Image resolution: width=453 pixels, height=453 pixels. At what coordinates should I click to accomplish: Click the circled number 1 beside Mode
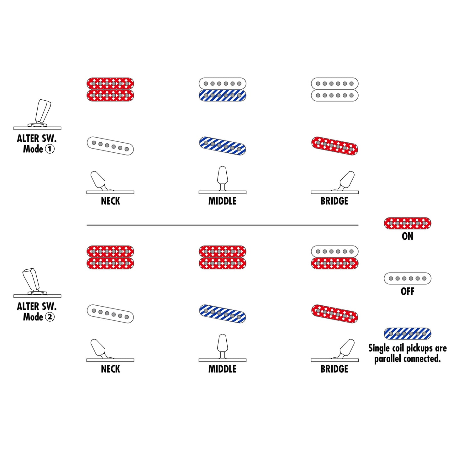(50, 149)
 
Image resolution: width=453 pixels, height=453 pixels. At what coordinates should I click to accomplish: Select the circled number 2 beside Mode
(50, 317)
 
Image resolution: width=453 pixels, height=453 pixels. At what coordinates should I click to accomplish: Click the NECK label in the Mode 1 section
(110, 201)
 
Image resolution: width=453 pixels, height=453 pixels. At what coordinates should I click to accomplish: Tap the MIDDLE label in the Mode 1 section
(222, 201)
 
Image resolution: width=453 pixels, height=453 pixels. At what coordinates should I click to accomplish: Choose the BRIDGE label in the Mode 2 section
(334, 369)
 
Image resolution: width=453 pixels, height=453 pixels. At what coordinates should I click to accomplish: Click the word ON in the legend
(408, 236)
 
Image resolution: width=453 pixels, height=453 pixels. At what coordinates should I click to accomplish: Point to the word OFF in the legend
(408, 292)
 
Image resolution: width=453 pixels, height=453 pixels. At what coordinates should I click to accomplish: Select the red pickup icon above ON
(408, 223)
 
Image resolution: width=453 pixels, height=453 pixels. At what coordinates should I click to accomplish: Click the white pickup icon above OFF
(408, 278)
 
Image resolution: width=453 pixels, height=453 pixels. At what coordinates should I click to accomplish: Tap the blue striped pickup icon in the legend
(408, 334)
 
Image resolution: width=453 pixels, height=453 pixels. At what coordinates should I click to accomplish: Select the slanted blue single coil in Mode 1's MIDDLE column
(222, 146)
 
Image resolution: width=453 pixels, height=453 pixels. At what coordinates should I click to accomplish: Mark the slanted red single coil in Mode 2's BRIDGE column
(334, 313)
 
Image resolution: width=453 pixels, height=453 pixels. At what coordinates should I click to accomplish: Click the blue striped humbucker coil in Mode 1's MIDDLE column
(222, 95)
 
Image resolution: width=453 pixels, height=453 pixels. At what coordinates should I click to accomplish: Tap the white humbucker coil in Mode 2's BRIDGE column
(334, 251)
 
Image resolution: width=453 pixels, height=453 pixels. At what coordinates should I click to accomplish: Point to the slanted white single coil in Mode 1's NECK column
(110, 146)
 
